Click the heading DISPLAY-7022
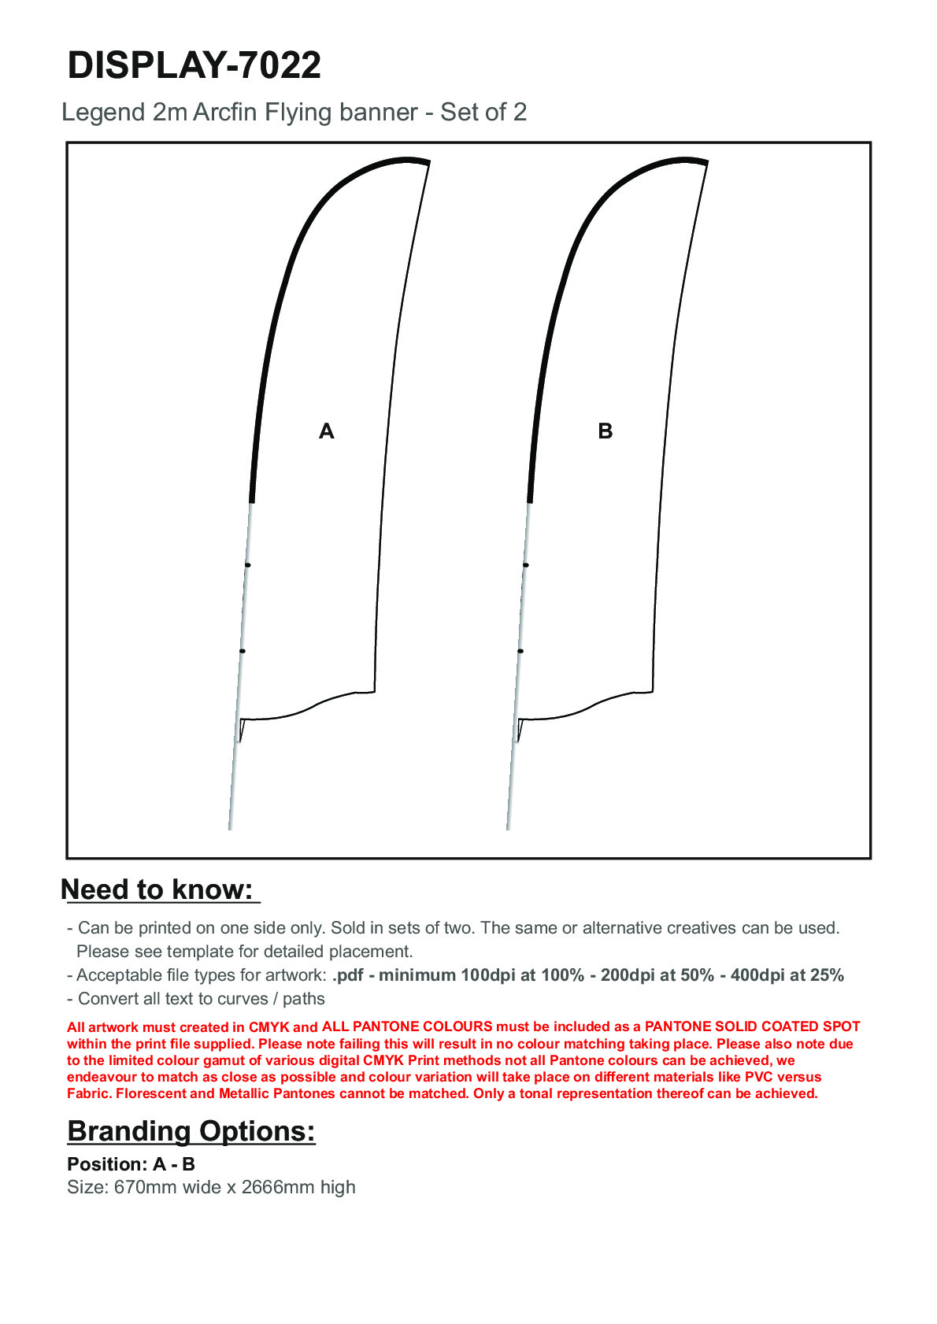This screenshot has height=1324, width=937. point(194,65)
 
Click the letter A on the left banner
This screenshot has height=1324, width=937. point(327,431)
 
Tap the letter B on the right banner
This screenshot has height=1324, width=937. point(605,431)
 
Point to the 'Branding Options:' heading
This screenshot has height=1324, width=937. point(191,1131)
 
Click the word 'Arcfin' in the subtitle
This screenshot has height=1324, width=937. point(225,113)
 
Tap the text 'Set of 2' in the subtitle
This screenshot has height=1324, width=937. point(483,113)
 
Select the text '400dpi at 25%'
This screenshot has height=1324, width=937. point(787,975)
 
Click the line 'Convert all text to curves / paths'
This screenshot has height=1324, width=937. point(201,999)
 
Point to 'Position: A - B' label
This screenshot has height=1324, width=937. point(131,1164)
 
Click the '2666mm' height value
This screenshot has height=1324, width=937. point(278,1187)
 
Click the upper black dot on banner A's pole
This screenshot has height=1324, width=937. point(248,565)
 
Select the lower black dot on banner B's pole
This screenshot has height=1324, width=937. point(520,651)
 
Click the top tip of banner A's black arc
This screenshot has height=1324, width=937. point(428,162)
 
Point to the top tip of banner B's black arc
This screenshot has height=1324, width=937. point(706,162)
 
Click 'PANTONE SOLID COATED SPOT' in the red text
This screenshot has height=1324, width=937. point(752,1026)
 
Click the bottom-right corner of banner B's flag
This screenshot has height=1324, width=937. point(652,691)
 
